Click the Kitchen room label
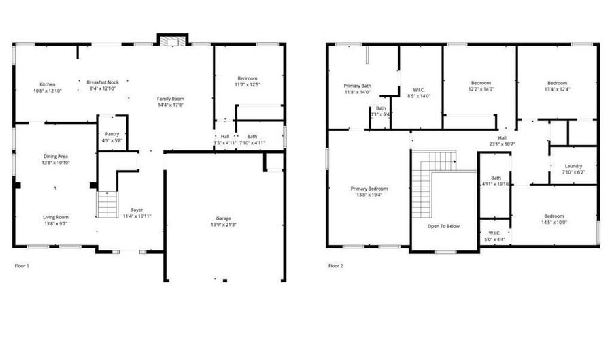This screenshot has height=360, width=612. [x=47, y=84]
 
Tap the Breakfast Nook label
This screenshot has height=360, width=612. [x=103, y=82]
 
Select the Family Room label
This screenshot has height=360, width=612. [x=171, y=99]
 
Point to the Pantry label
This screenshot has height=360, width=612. [x=112, y=134]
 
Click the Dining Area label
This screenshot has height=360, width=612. [x=55, y=157]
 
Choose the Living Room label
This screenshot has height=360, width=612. [x=55, y=217]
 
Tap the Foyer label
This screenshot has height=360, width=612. [x=137, y=210]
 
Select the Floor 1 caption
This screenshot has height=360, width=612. [x=22, y=265]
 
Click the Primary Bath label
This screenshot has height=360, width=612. [x=357, y=86]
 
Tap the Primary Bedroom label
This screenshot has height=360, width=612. [x=369, y=189]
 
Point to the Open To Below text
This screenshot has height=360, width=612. [x=443, y=226]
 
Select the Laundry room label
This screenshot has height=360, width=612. [x=573, y=166]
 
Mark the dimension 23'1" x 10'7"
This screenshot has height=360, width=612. [x=502, y=144]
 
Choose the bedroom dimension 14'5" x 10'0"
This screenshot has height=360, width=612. [x=554, y=223]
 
